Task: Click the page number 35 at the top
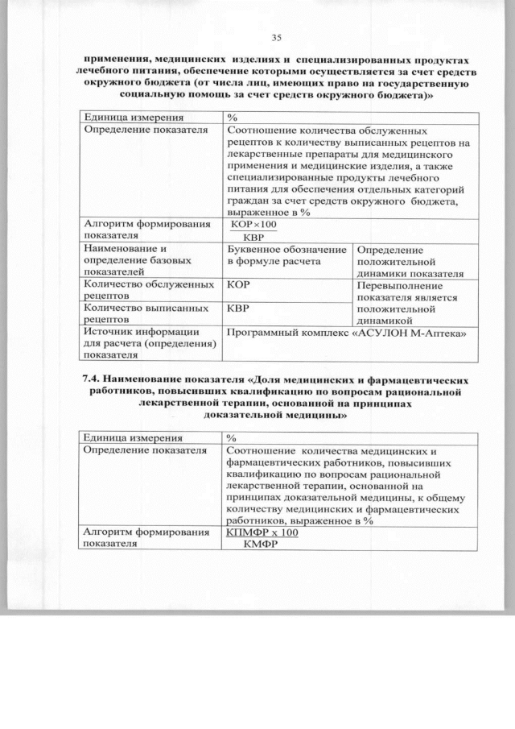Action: [276, 38]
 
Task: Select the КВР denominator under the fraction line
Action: [253, 237]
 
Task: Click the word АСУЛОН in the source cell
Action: [389, 332]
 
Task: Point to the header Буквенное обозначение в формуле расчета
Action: [286, 255]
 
